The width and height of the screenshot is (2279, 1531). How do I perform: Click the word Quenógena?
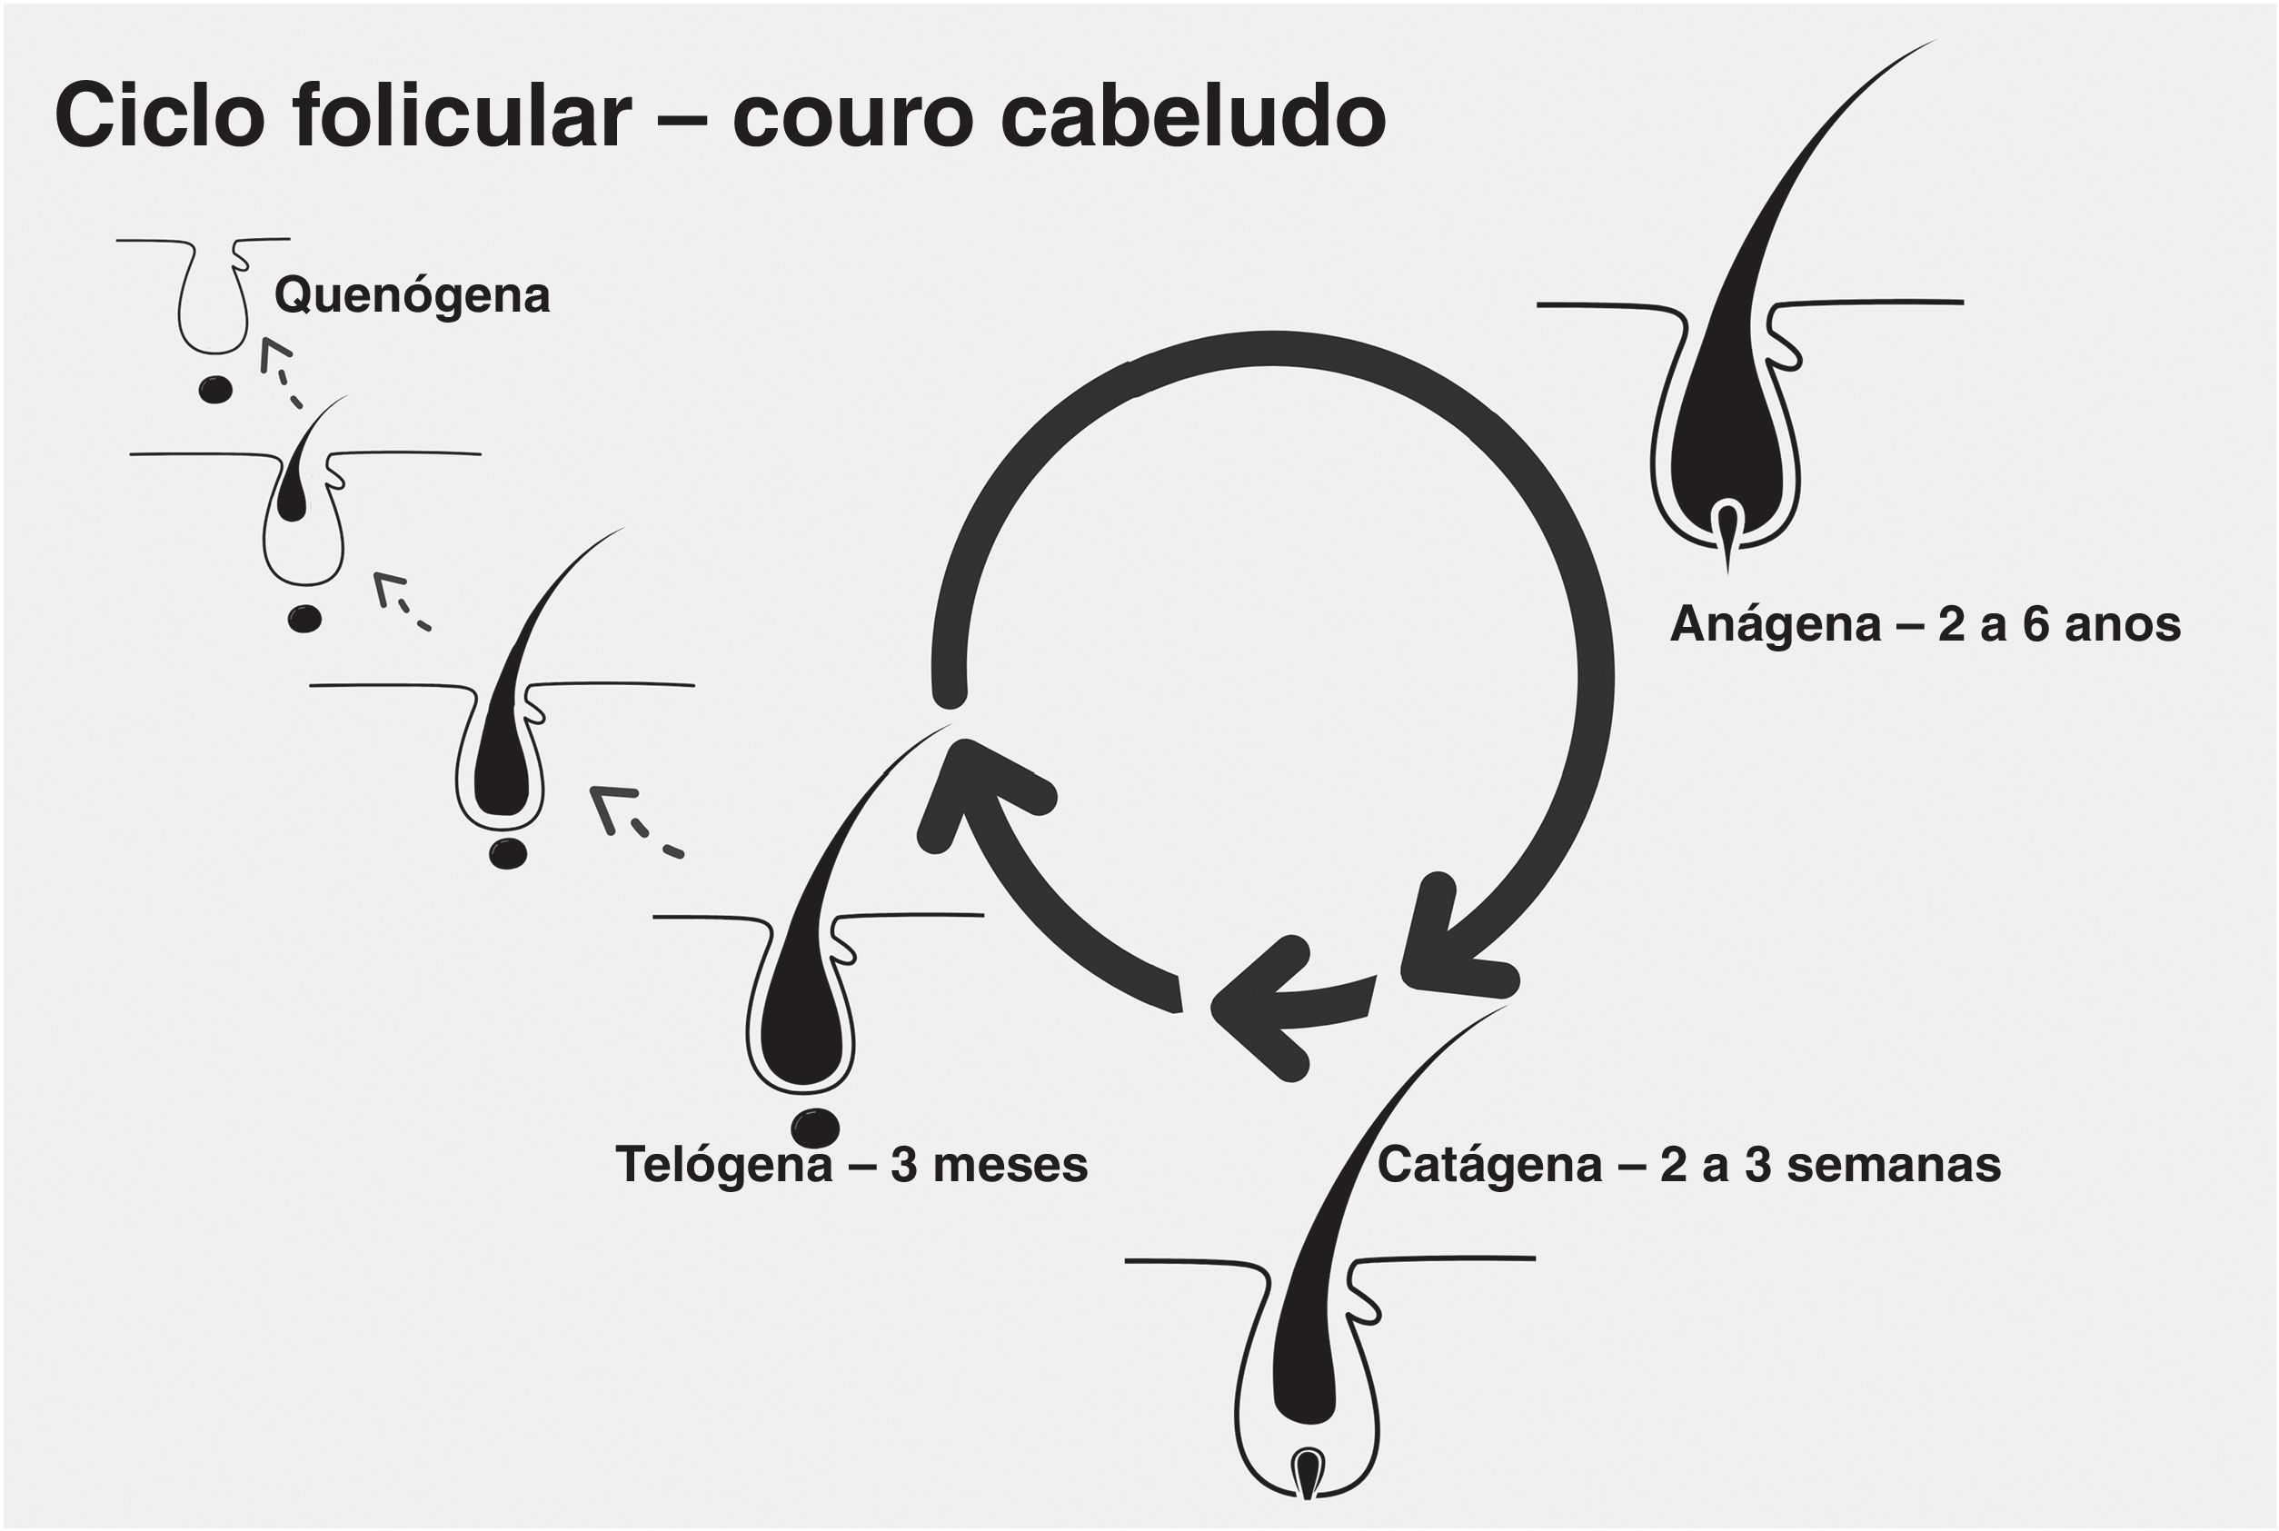411,296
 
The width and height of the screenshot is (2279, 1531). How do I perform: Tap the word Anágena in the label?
1774,626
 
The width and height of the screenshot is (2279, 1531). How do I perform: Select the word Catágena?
1489,1166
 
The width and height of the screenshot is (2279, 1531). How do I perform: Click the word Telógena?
722,1166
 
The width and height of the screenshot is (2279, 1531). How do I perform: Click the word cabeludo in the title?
1192,116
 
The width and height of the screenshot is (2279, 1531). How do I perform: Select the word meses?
1010,1166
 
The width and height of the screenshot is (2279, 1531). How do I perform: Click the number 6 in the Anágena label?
2035,626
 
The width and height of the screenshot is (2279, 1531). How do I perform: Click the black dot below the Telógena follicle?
814,1128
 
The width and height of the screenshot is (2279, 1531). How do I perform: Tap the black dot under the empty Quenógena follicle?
214,391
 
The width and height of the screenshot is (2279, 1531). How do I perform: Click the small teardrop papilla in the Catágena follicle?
1307,1469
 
